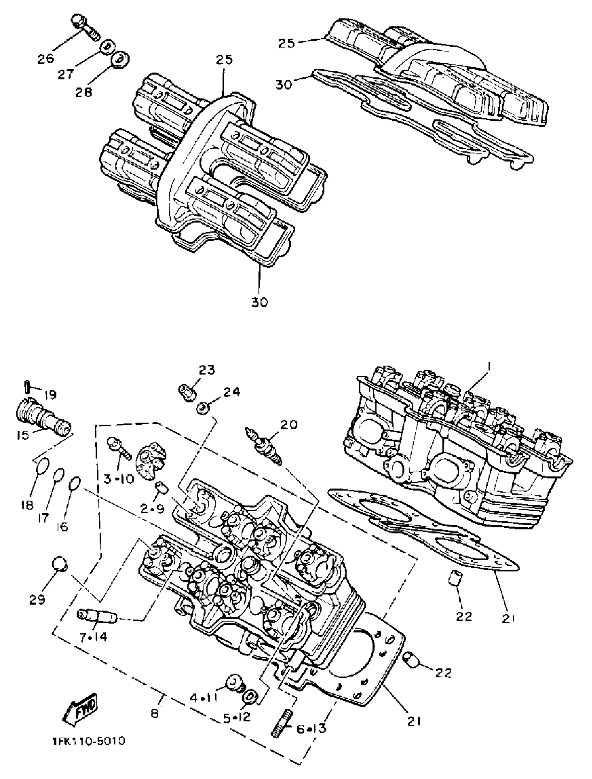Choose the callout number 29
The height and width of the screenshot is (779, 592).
tap(37, 598)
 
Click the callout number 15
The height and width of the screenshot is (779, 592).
tap(23, 435)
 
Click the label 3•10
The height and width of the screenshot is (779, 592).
tap(118, 478)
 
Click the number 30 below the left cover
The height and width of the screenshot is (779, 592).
tap(259, 302)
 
